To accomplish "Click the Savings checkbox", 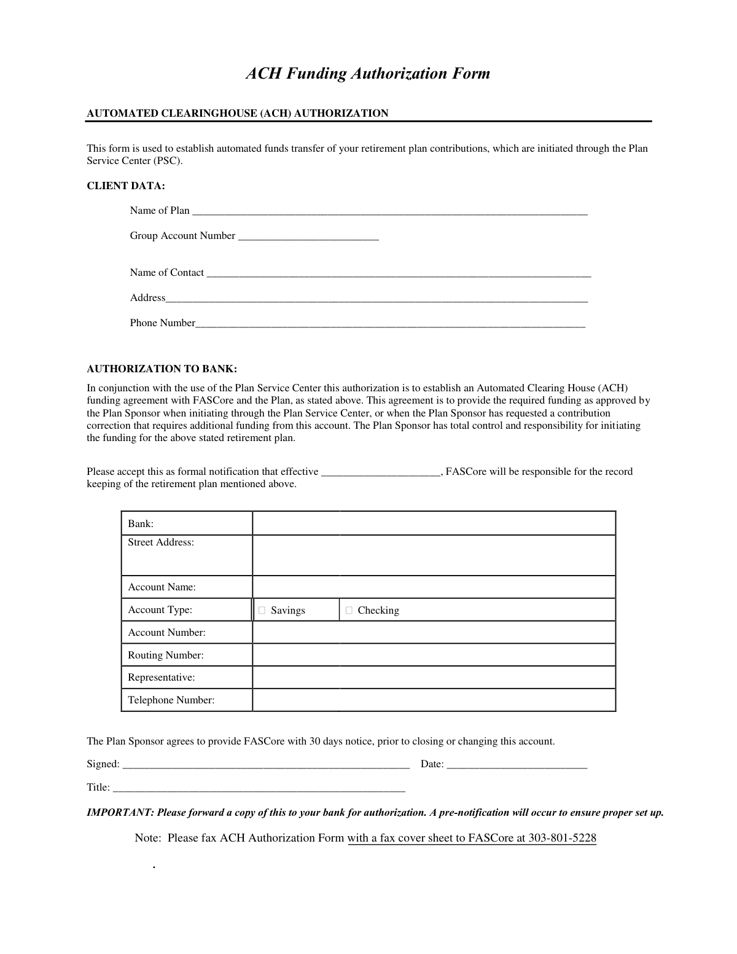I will (x=262, y=610).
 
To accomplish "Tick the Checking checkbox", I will (x=349, y=610).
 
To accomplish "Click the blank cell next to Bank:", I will (x=434, y=523).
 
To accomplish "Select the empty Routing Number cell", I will (x=434, y=655).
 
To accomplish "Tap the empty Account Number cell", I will (x=434, y=632).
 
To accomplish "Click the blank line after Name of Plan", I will (x=389, y=211).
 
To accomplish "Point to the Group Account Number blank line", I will (x=308, y=236).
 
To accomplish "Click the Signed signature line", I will (x=266, y=764).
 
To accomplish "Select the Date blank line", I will (x=517, y=764).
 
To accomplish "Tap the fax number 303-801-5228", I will (x=562, y=838).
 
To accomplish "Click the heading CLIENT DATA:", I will (x=126, y=186).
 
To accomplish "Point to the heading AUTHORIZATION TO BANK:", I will (x=162, y=369).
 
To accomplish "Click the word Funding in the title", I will (x=318, y=74).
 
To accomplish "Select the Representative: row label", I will (x=161, y=678).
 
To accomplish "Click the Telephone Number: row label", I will (x=171, y=700).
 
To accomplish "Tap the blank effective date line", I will (x=381, y=472).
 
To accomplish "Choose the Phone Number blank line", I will (x=390, y=323).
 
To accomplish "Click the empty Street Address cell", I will (x=434, y=555).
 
